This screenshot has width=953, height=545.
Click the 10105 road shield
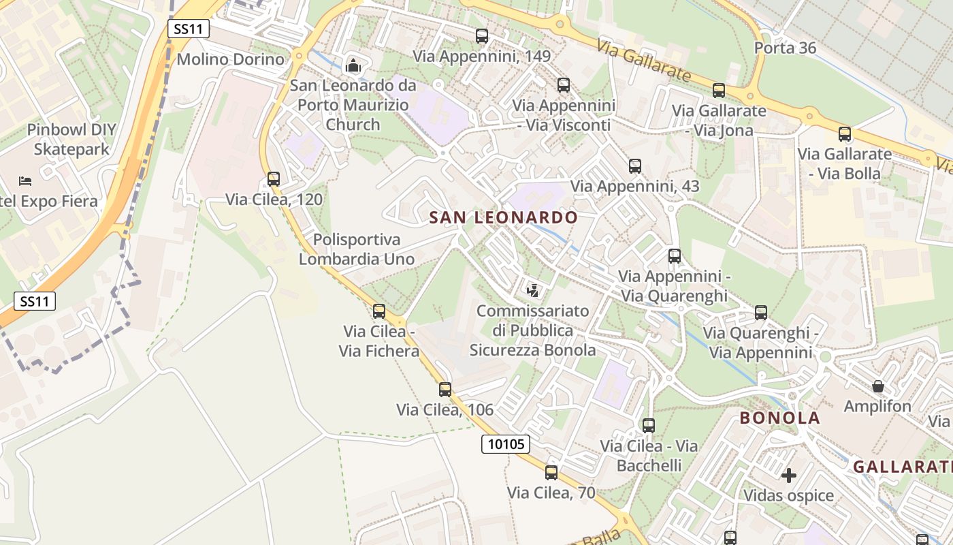506,444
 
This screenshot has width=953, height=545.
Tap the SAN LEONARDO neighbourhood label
504,218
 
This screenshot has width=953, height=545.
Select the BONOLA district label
779,418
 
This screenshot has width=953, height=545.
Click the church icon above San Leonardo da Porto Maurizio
353,66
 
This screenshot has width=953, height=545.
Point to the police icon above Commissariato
533,291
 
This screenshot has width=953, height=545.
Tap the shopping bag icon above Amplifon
878,386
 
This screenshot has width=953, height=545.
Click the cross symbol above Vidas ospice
789,475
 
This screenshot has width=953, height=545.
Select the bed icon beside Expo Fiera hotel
25,181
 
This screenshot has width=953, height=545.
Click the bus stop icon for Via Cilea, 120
274,179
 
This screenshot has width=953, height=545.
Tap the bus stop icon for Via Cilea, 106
445,390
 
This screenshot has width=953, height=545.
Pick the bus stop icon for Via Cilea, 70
551,472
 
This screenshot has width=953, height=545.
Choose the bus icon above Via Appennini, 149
482,36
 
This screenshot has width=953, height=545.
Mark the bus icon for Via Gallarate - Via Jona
719,91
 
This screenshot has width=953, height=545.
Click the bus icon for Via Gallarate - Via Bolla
845,134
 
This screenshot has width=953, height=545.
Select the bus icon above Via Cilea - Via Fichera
379,311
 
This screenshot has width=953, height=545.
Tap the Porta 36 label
785,48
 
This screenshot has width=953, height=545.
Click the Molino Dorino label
230,59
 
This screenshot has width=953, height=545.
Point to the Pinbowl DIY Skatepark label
71,140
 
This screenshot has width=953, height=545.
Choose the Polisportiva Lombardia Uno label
357,249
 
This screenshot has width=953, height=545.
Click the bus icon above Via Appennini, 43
635,166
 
